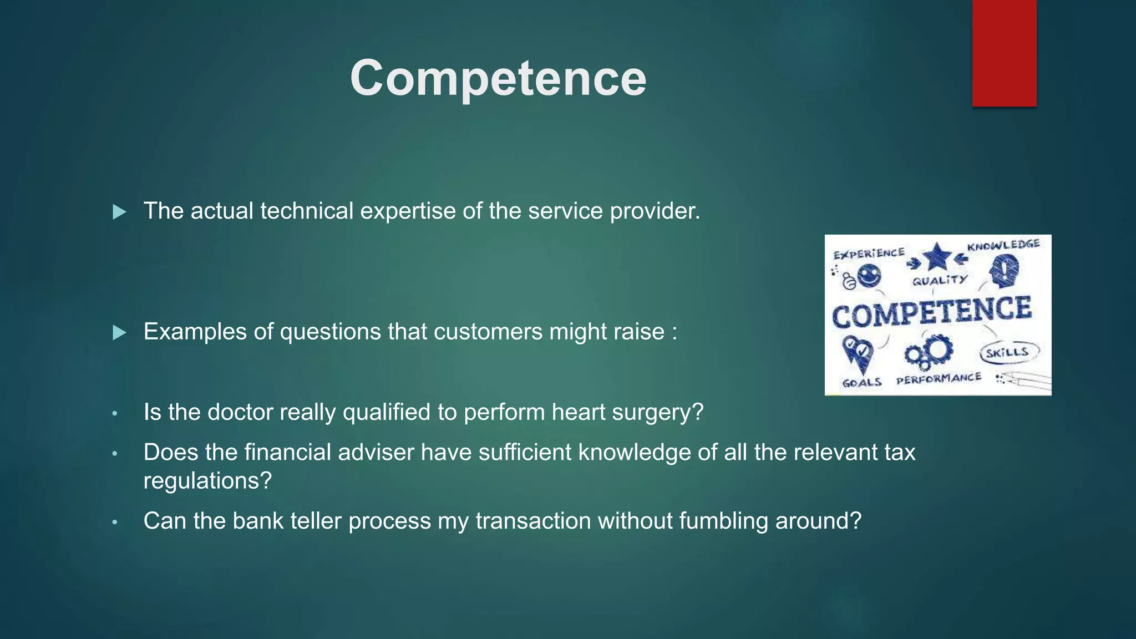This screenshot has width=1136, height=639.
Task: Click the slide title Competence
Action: click(x=498, y=78)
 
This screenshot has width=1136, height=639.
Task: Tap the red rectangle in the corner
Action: click(x=1004, y=53)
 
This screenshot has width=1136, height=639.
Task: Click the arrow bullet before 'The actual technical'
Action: click(x=119, y=212)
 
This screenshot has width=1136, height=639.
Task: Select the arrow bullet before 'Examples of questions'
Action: click(x=119, y=333)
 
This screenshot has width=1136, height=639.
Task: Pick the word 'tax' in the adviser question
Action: click(x=900, y=452)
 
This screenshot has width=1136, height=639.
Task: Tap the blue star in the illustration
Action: click(x=937, y=256)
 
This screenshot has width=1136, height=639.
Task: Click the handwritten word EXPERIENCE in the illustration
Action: click(x=869, y=253)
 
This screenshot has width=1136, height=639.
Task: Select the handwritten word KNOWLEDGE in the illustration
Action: click(x=1003, y=245)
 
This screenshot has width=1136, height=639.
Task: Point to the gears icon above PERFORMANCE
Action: click(x=929, y=352)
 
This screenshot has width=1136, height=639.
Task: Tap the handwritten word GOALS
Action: click(x=861, y=383)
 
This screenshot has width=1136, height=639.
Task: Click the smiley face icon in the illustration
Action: click(x=868, y=275)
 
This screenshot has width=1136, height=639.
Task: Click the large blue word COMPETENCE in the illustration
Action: click(x=932, y=312)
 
